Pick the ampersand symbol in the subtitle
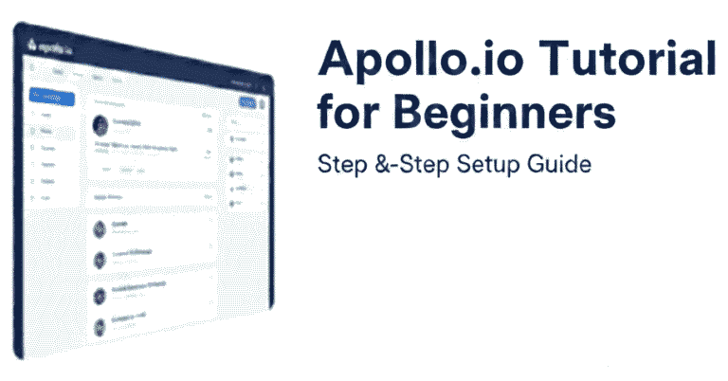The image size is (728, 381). tap(379, 164)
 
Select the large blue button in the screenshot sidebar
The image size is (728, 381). tap(52, 96)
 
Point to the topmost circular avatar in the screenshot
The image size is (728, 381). tap(100, 124)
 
